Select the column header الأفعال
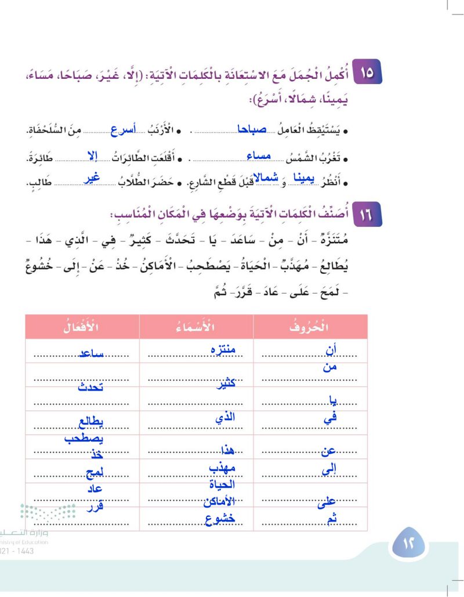(x=81, y=327)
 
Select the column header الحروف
(x=310, y=327)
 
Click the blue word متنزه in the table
(x=223, y=350)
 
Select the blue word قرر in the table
(x=92, y=505)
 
